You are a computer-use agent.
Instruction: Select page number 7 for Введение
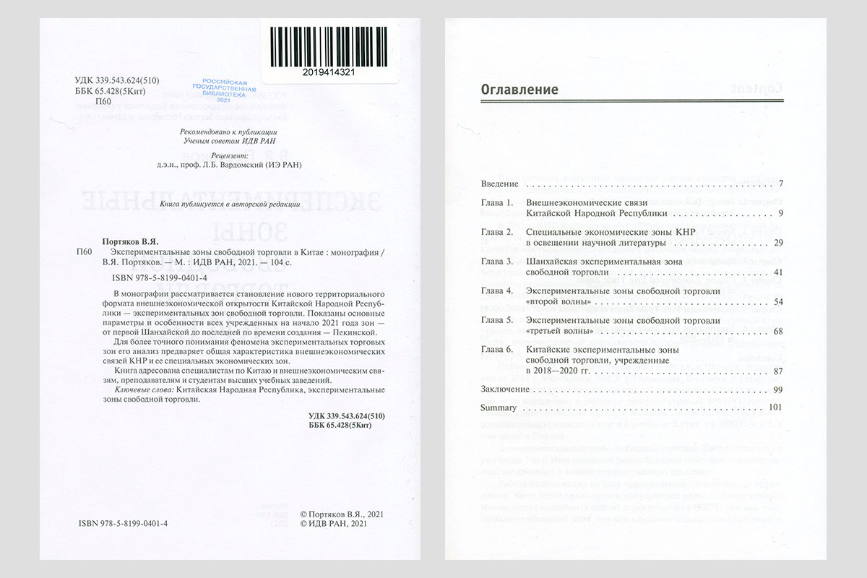tap(781, 184)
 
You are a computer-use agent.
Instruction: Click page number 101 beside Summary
tap(776, 407)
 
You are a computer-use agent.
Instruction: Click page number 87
tap(778, 371)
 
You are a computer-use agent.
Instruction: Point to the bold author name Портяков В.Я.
tap(127, 241)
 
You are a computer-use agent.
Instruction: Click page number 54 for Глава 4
tap(778, 301)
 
